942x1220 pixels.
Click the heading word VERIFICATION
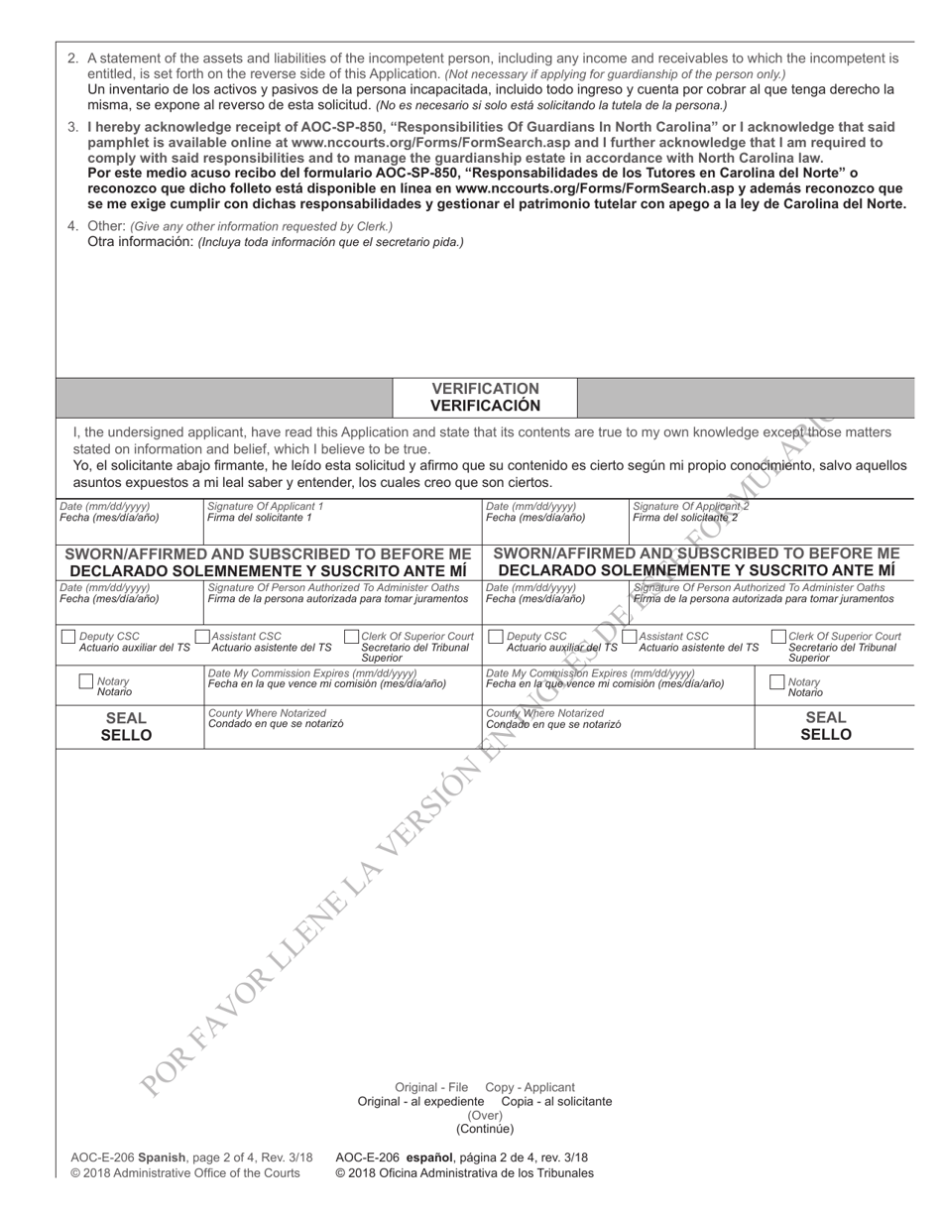[485, 389]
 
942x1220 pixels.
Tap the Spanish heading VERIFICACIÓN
[485, 406]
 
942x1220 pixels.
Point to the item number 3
[73, 127]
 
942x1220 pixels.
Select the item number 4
[73, 226]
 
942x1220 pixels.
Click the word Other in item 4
[106, 226]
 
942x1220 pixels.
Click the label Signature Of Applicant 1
[265, 506]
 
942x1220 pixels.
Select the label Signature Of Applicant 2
[691, 506]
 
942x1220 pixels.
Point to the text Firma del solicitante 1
[259, 517]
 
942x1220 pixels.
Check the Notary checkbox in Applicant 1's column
[85, 682]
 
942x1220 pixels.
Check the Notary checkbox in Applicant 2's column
[776, 682]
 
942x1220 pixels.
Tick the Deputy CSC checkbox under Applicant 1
[67, 637]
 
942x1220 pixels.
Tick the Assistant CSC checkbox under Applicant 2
[629, 637]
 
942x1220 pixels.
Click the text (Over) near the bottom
[485, 1115]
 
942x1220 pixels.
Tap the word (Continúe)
[485, 1129]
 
